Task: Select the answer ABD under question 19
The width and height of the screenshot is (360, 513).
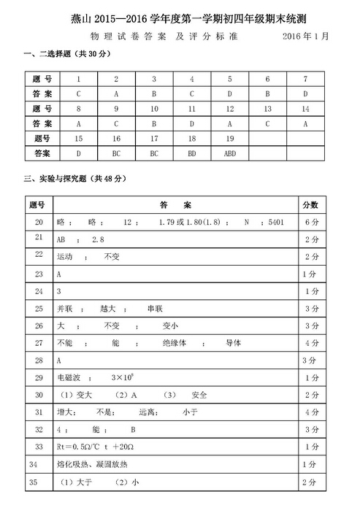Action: (230, 154)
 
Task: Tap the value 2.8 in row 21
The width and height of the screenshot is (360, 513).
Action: (99, 239)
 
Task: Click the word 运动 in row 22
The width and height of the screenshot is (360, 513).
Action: (65, 257)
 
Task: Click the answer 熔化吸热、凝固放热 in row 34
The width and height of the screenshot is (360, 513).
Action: (86, 464)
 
